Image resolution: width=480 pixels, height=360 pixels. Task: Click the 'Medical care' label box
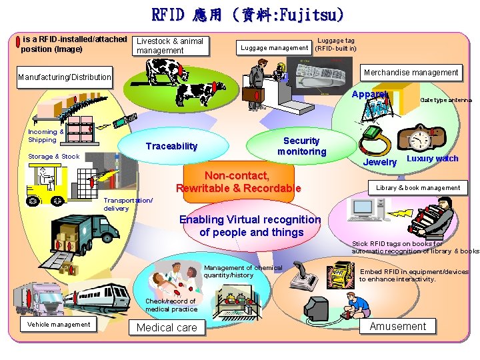coord(167,327)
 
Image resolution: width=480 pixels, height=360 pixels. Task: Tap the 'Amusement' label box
coord(397,326)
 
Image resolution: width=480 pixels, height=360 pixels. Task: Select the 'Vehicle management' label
coord(59,325)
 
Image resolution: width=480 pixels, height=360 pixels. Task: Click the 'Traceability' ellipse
coord(171,146)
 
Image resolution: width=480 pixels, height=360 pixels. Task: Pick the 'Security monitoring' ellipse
coord(301,146)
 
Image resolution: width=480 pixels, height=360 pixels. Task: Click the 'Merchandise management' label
coord(411,72)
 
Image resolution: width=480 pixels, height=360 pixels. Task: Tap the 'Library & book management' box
coord(418,188)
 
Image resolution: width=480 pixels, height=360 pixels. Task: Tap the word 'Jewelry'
coord(380,162)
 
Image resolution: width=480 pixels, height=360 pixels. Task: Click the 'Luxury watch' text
coord(432,159)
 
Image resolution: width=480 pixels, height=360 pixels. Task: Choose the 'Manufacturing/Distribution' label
coord(65,77)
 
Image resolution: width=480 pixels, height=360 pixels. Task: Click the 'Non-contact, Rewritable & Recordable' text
coord(238,182)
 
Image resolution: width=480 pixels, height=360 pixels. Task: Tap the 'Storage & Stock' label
coord(53,157)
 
